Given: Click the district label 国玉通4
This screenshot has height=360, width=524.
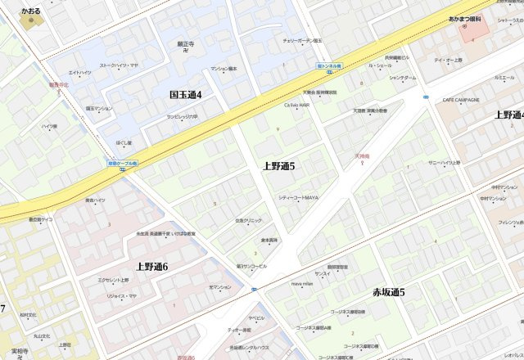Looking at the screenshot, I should tap(186, 95).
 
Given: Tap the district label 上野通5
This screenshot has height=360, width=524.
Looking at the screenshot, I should tap(278, 166).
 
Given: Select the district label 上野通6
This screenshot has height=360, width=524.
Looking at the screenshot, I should tap(152, 267).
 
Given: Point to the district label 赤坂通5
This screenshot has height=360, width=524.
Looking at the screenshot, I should tap(389, 292).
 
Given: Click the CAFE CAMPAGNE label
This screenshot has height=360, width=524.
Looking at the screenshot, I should tap(460, 99).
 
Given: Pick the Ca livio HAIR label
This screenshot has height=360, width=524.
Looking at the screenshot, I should tap(296, 106).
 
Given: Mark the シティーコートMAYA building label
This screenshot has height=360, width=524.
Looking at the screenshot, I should tap(298, 197).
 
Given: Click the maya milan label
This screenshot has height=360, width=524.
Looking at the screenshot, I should tap(302, 284).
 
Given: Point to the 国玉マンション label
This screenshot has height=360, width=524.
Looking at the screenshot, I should tap(99, 108).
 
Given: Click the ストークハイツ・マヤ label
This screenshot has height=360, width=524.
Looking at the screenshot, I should tap(119, 65).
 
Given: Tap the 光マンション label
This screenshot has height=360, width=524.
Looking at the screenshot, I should tap(220, 287).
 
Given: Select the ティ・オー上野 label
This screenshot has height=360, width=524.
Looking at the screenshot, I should tap(449, 61).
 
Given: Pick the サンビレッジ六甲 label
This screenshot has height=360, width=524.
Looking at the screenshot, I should tap(183, 116).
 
